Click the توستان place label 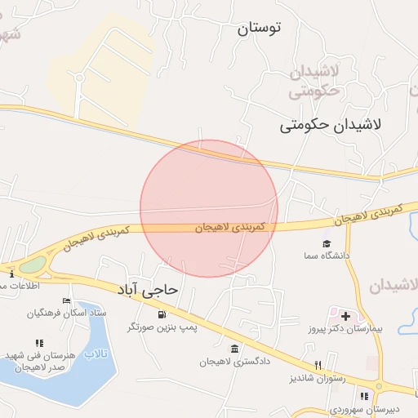tap(259, 29)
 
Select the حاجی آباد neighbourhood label tap(149, 290)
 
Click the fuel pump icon tap(163, 314)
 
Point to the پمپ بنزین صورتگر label tap(162, 327)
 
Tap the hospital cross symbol tap(345, 316)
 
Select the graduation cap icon tap(327, 243)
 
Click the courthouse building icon tap(234, 349)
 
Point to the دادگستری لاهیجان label tap(235, 361)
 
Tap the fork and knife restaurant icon tap(318, 365)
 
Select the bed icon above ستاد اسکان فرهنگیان tap(66, 301)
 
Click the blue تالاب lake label tap(97, 354)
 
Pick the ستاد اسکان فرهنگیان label tap(66, 313)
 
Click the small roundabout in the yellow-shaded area tap(79, 78)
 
